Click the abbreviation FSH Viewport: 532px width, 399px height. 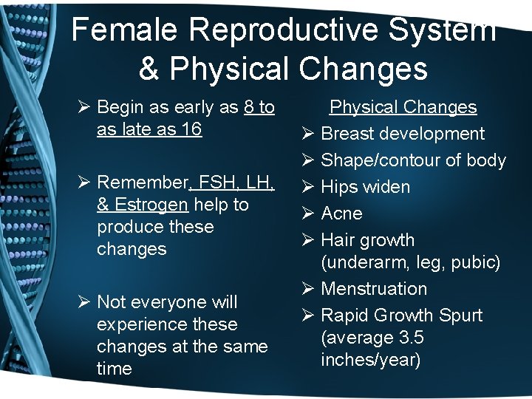click(x=215, y=182)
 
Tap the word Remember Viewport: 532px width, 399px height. click(x=142, y=182)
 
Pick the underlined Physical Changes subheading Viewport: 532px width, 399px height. click(x=403, y=107)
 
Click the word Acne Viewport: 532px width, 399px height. click(x=341, y=214)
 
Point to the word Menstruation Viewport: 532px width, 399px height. click(x=374, y=289)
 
